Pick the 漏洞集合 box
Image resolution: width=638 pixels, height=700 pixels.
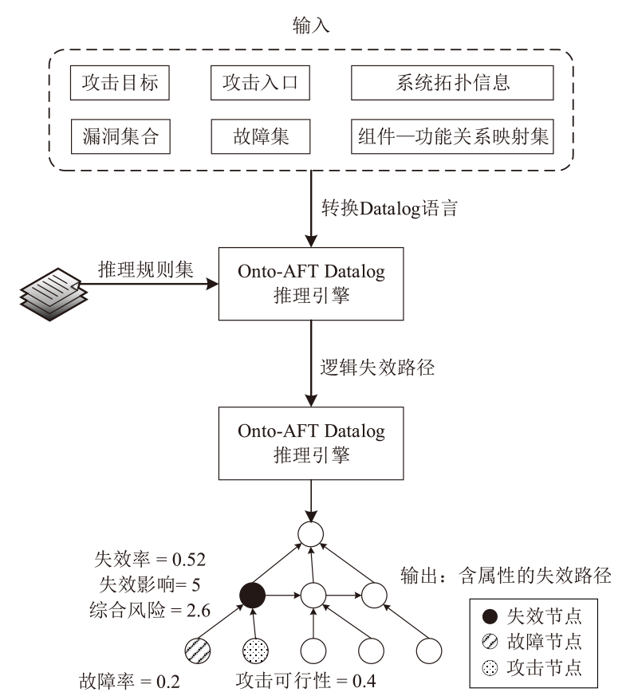[120, 136]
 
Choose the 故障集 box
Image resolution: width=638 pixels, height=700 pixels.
[259, 136]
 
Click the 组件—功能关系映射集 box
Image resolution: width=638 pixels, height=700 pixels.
[452, 136]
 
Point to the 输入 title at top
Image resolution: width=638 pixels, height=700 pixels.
[312, 26]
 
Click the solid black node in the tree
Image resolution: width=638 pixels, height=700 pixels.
[253, 595]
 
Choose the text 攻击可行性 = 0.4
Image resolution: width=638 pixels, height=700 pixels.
[306, 682]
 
